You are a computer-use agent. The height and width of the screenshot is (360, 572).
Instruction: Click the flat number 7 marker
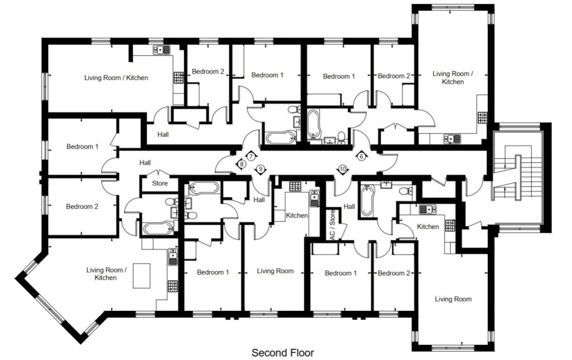[251, 157]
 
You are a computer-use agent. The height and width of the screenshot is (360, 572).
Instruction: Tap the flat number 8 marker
[241, 164]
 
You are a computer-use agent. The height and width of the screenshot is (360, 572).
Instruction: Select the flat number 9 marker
[260, 169]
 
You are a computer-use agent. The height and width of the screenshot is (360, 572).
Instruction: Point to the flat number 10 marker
[342, 169]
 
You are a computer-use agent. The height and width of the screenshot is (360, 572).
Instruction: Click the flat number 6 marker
[361, 157]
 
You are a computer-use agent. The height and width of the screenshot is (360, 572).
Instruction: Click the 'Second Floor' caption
[283, 353]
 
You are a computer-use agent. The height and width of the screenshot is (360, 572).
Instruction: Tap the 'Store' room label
[160, 183]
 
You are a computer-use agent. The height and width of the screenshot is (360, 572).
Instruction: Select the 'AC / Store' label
[332, 225]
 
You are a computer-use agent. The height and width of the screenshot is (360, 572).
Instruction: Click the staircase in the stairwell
[518, 178]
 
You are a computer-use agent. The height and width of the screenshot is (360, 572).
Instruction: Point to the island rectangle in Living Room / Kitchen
[141, 276]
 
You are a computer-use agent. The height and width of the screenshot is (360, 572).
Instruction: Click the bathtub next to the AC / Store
[366, 201]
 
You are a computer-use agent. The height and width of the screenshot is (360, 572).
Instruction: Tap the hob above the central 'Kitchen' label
[295, 186]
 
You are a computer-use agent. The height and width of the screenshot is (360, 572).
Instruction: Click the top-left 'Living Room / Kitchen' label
[116, 78]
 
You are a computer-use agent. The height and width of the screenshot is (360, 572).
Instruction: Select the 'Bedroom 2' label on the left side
[82, 207]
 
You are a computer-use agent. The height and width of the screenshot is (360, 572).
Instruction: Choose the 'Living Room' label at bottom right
[453, 300]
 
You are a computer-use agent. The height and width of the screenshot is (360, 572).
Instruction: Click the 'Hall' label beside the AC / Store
[349, 206]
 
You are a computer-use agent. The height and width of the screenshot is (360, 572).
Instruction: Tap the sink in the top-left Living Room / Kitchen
[163, 50]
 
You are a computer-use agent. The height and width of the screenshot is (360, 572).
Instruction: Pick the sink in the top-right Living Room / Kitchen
[451, 139]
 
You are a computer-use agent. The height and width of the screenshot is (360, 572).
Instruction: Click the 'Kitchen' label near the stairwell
[428, 227]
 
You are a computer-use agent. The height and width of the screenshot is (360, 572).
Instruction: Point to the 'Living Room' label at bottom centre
[275, 271]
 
